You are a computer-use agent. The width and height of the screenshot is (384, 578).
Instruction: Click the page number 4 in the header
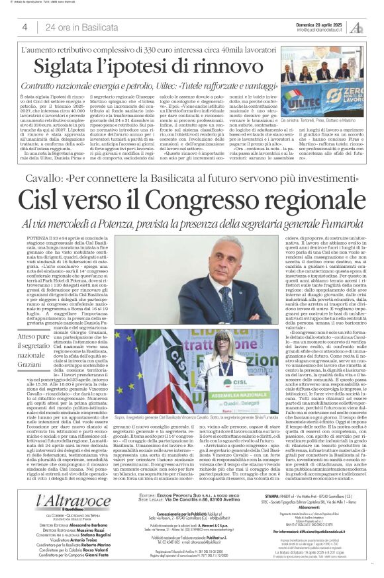pyautogui.click(x=24, y=27)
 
